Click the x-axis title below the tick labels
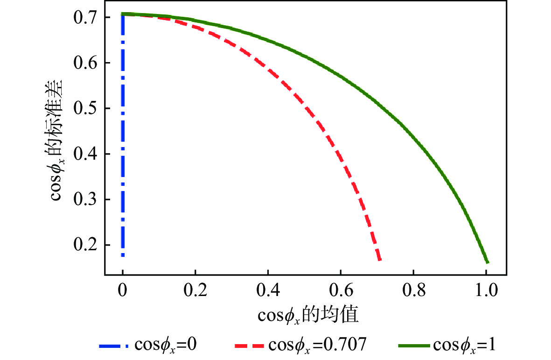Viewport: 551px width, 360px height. click(308, 316)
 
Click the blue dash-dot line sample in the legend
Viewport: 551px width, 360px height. click(114, 346)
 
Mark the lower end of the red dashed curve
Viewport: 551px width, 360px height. click(380, 260)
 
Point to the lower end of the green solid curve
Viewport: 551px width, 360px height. click(488, 262)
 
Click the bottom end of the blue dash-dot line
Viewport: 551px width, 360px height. click(123, 255)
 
